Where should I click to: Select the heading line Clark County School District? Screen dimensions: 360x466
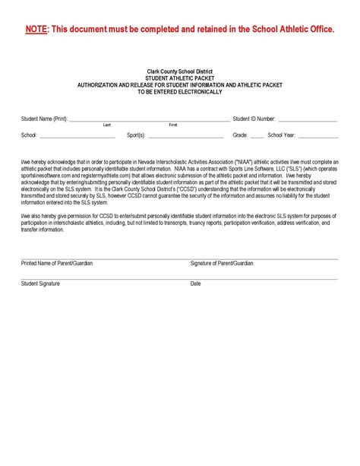[x=180, y=71]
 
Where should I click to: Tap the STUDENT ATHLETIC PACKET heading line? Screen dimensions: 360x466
[x=180, y=78]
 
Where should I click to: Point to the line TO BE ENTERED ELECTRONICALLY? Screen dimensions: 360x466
[x=180, y=92]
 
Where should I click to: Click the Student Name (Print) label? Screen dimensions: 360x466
[x=44, y=119]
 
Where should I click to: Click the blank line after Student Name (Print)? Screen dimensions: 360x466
[x=149, y=121]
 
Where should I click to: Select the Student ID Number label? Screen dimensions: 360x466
[x=254, y=119]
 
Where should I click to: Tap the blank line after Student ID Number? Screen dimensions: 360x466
[x=308, y=121]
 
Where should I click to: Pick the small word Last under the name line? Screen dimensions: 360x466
[x=107, y=125]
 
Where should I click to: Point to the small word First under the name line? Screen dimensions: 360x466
[x=173, y=125]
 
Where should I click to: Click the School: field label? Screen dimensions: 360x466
[x=29, y=135]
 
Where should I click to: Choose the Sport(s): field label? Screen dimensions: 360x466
[x=136, y=135]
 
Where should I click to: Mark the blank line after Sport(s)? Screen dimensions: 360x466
[x=185, y=137]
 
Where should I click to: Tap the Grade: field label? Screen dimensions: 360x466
[x=240, y=135]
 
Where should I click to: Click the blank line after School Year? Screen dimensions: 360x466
[x=318, y=137]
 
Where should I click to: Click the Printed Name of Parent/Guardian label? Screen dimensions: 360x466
[x=57, y=263]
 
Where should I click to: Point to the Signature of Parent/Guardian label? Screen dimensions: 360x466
[x=222, y=263]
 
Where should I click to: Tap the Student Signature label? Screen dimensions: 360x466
[x=40, y=284]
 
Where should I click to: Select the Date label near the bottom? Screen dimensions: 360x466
[x=195, y=284]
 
